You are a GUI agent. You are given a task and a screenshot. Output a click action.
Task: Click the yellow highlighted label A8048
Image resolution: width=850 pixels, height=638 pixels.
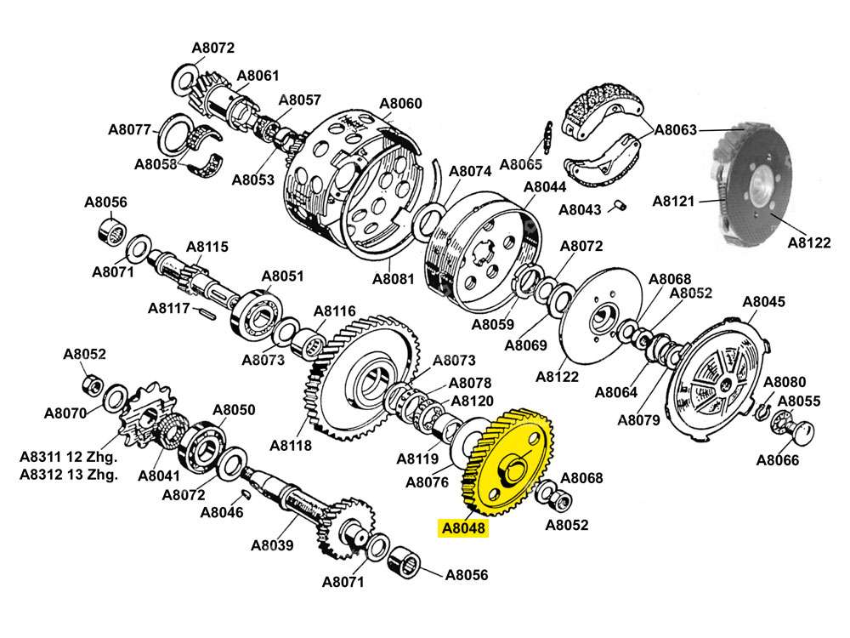pos(463,528)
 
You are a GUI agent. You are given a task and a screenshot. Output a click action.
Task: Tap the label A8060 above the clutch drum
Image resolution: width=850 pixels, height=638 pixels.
pos(399,104)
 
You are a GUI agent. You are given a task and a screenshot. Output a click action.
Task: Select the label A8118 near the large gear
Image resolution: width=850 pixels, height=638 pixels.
pos(291,445)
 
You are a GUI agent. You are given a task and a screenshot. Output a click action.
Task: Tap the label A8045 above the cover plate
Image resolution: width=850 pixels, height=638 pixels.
pos(763,302)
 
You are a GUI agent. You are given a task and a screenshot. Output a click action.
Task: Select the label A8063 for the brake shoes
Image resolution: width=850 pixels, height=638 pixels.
pos(676,130)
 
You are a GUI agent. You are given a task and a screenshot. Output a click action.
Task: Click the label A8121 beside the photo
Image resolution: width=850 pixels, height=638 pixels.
pos(673,202)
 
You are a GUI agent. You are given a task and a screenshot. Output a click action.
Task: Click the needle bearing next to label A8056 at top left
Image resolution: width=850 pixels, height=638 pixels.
pos(110,231)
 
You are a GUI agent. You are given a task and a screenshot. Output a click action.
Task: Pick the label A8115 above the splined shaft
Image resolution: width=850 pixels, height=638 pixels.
pos(207,247)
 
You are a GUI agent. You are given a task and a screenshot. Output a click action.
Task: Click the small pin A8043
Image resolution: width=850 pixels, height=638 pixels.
pos(620,204)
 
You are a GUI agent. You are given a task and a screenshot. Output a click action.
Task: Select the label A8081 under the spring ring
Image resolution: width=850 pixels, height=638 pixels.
pos(393,278)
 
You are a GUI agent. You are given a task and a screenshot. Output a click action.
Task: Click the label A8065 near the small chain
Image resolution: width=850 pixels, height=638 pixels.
pos(520,163)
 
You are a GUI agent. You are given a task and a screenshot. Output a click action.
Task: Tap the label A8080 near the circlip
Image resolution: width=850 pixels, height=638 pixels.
pos(784,382)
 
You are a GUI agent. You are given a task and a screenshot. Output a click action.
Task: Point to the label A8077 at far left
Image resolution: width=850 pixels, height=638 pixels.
pos(129,130)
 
